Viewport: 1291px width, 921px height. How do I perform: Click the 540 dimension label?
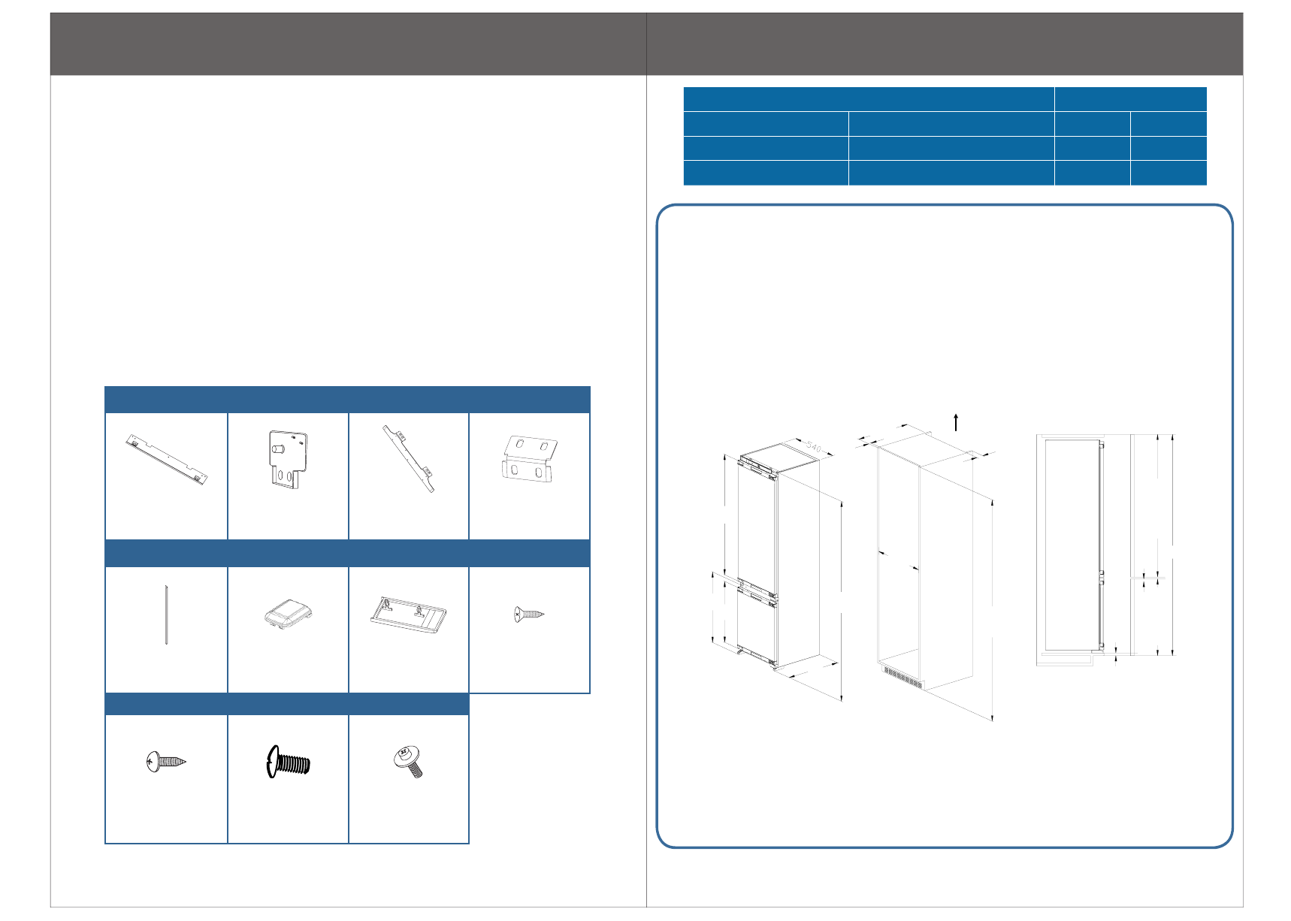click(x=812, y=447)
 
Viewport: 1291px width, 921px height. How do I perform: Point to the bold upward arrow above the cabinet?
click(x=956, y=422)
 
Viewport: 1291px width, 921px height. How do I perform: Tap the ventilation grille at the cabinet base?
click(x=902, y=677)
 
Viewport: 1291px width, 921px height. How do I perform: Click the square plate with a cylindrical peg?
click(x=288, y=459)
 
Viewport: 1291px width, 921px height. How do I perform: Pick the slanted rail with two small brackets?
click(x=409, y=458)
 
